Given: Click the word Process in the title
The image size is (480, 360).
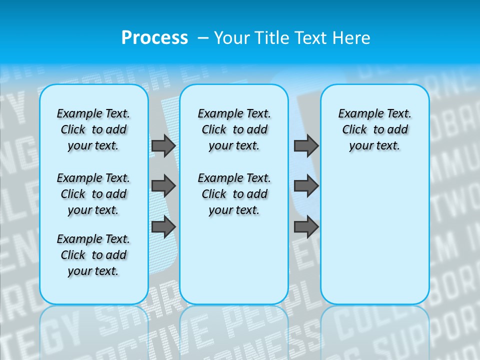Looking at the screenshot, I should coord(154,37).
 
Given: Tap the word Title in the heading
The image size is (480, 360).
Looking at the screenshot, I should coord(272,37).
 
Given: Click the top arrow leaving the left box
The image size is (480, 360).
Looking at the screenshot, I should coord(163,145).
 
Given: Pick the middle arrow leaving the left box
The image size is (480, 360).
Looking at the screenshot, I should coord(163,186).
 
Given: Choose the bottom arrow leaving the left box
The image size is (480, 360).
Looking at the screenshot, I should coord(163,227).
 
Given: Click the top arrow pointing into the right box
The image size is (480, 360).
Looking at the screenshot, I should coord(306,145).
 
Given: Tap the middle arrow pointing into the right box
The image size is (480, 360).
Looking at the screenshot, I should coord(306,186).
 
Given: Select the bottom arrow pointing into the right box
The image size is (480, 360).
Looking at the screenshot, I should coord(306,227).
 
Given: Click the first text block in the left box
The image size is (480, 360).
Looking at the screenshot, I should coord(93,129).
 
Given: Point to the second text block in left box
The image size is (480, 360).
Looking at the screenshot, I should coord(93,194).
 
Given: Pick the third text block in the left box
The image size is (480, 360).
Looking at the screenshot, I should coord(93,255).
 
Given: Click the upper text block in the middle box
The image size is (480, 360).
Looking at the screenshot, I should coord(234,129).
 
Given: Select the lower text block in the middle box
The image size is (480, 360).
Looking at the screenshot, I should coord(234,194).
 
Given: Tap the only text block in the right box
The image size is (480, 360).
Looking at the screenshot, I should coord(374,129).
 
